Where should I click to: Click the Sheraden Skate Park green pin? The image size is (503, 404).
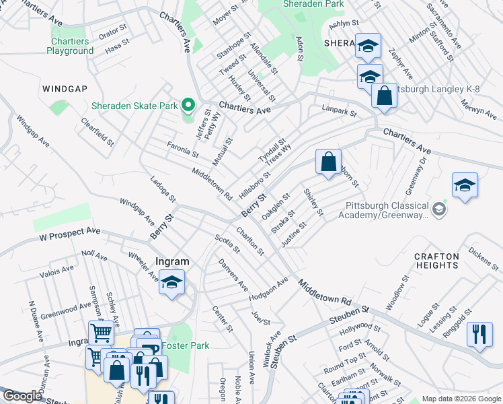coord(188,105)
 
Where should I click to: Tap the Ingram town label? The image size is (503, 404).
coord(172,261)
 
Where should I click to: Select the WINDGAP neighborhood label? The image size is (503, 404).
coord(65,89)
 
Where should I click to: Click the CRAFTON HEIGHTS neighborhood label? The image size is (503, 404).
coord(436,261)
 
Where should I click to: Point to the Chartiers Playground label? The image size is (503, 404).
coord(71,46)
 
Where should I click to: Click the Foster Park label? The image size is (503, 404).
coord(189,345)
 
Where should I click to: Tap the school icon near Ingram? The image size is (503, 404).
coord(171,281)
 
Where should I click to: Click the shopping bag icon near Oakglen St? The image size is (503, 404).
coord(328,162)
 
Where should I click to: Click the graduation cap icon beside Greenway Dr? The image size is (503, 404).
coord(465,185)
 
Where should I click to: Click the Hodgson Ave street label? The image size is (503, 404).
coord(268,288)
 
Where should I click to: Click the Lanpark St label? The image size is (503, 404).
coord(339,110)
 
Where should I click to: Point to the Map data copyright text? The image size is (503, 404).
coord(461,399)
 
